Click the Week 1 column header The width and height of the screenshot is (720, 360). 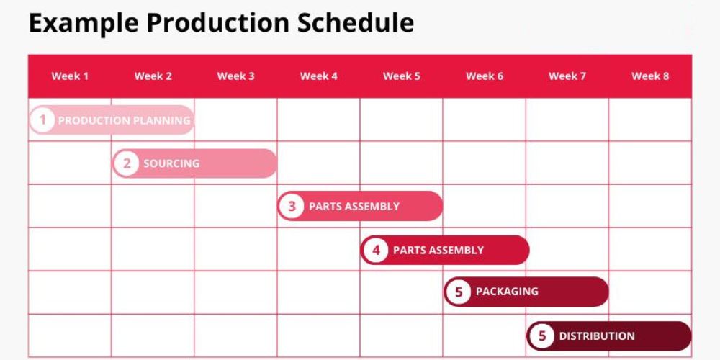[70, 76]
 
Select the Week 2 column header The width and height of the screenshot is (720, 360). [153, 76]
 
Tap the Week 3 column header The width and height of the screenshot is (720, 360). [235, 76]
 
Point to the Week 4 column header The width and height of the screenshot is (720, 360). [319, 76]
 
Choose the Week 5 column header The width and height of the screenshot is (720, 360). [401, 76]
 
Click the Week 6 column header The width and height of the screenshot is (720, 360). [485, 76]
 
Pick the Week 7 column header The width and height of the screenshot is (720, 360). [567, 76]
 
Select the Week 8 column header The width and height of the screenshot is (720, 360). [650, 76]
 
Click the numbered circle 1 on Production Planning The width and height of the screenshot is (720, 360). [42, 120]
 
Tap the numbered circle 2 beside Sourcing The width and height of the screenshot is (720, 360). [126, 163]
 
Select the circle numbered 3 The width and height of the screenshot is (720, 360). [292, 206]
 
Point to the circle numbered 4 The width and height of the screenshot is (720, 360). [376, 251]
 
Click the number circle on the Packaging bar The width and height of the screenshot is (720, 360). [458, 292]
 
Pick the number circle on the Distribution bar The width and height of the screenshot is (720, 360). [542, 336]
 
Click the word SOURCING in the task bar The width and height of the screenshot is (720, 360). [171, 163]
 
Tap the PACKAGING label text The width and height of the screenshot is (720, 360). [507, 292]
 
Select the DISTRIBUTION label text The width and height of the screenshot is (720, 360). [597, 336]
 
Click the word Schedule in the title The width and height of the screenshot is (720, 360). [356, 22]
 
